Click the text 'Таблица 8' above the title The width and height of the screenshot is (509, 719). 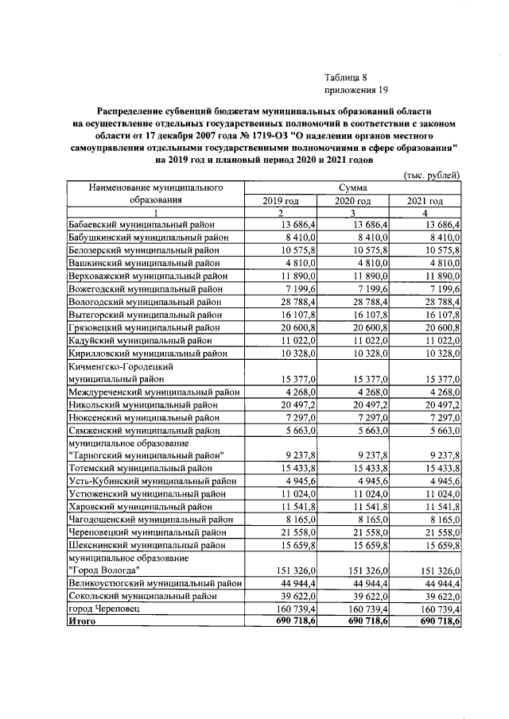346,78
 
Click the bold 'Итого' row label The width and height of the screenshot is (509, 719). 81,620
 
